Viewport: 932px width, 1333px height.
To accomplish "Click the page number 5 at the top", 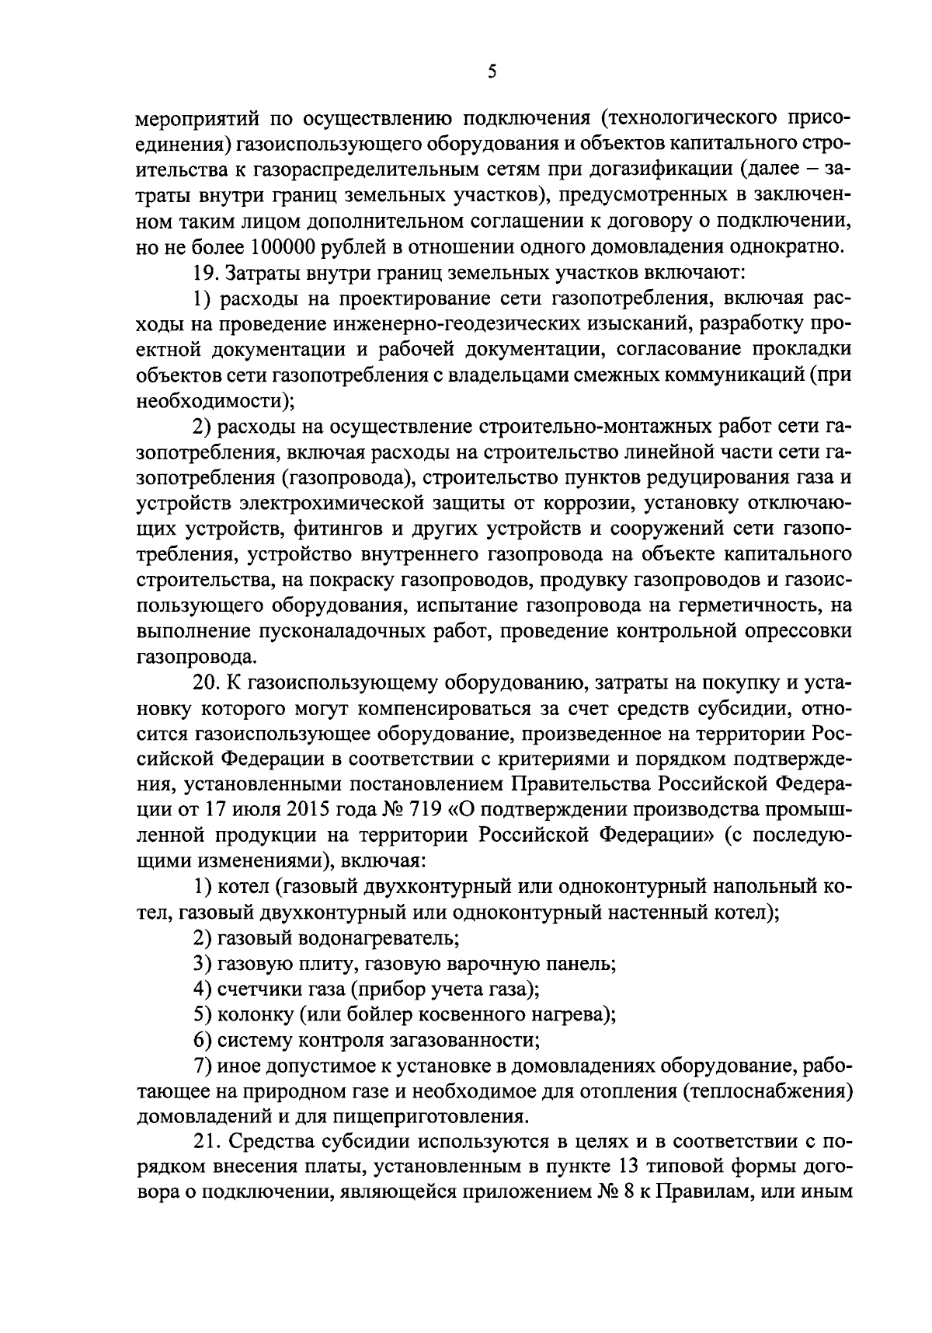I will point(491,72).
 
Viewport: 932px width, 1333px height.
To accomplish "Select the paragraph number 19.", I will point(203,272).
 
